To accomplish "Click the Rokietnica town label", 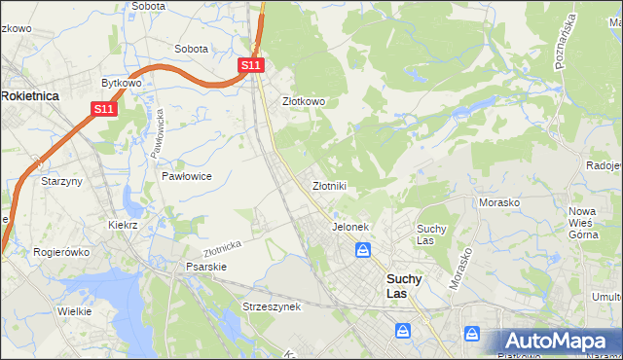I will pyautogui.click(x=31, y=95).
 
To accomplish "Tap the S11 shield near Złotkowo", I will pyautogui.click(x=251, y=65).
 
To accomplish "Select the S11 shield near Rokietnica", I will pyautogui.click(x=105, y=110).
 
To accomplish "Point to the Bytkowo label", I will pyautogui.click(x=122, y=84).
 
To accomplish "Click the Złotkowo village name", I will pyautogui.click(x=303, y=101).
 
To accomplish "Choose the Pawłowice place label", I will pyautogui.click(x=187, y=176).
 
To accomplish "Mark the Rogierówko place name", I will pyautogui.click(x=61, y=252).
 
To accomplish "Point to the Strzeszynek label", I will pyautogui.click(x=273, y=306).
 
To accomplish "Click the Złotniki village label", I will pyautogui.click(x=329, y=185).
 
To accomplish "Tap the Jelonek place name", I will pyautogui.click(x=350, y=227).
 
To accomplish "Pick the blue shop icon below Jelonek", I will pyautogui.click(x=363, y=251).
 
